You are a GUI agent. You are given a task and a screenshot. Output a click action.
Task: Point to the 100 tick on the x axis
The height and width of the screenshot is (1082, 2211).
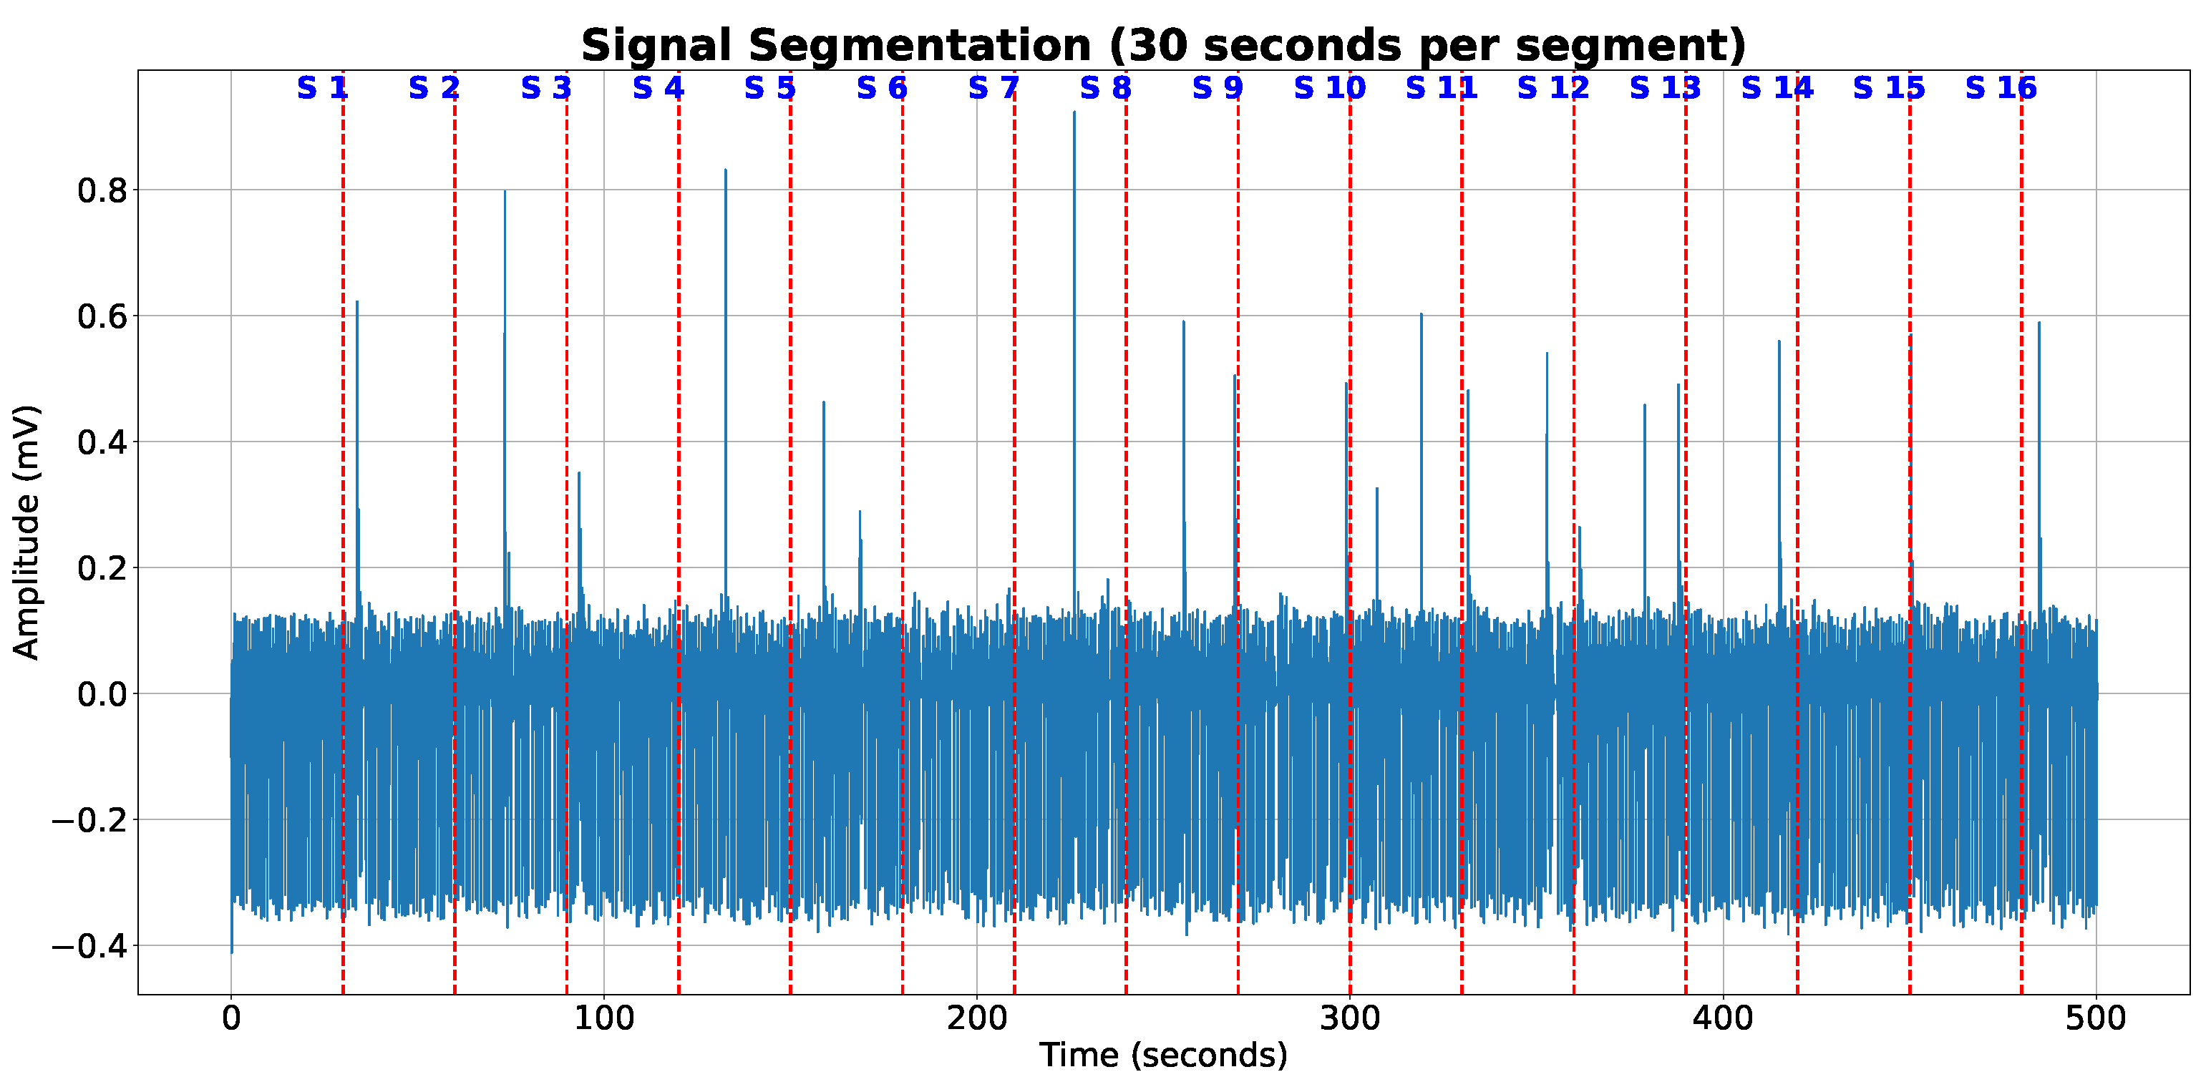coord(603,1018)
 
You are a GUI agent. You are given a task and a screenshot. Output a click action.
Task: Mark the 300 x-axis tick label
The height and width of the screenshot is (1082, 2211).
coord(1349,1018)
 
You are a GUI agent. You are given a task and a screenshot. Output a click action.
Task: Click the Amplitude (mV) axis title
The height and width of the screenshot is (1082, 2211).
coord(26,532)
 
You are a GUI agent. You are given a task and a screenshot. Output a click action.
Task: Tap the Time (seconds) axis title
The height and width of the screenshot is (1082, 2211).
coord(1163,1055)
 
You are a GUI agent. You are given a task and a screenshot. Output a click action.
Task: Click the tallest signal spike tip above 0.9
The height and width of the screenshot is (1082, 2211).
coord(1074,112)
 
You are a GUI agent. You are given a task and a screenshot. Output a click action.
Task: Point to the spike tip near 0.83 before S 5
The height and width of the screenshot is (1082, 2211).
coord(725,170)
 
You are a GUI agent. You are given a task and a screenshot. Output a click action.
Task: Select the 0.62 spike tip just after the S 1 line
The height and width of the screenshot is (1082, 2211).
coord(357,302)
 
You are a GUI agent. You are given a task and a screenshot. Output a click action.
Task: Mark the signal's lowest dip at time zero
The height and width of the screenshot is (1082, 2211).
coord(232,952)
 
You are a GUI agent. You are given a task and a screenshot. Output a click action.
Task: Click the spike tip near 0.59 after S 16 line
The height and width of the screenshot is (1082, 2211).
coord(2039,323)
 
